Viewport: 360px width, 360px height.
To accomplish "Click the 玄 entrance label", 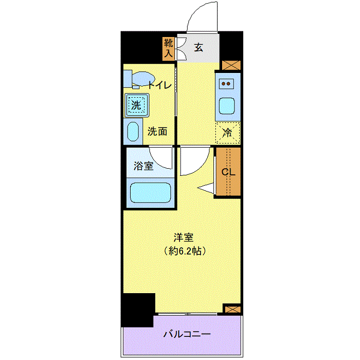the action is coord(199,47).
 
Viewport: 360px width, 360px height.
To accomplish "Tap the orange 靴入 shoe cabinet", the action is coord(168,49).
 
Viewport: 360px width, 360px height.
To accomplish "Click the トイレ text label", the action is coord(159,85).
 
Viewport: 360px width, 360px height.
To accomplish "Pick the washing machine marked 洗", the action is coord(137,105).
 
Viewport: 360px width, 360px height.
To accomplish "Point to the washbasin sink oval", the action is coord(133,131).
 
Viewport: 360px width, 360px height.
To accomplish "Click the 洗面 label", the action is coord(157,131).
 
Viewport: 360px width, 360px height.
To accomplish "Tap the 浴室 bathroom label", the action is coord(143,166).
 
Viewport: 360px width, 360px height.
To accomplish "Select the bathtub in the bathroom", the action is coord(151,192).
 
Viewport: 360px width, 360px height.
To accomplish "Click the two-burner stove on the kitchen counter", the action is coord(226,83).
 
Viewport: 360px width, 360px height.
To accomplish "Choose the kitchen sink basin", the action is coord(227,106).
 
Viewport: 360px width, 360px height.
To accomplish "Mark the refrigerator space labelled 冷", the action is coord(228,133).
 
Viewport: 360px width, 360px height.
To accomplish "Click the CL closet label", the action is coord(228,172).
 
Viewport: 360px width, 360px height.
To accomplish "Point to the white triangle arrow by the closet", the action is coord(206,188).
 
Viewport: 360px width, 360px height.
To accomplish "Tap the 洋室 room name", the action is coord(184,238).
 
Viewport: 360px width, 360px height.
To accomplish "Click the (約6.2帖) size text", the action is coord(185,251).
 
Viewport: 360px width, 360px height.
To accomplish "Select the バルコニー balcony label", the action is coord(187,334).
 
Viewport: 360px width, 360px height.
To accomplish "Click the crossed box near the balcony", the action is coord(232,309).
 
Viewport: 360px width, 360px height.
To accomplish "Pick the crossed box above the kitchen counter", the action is coord(231,65).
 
